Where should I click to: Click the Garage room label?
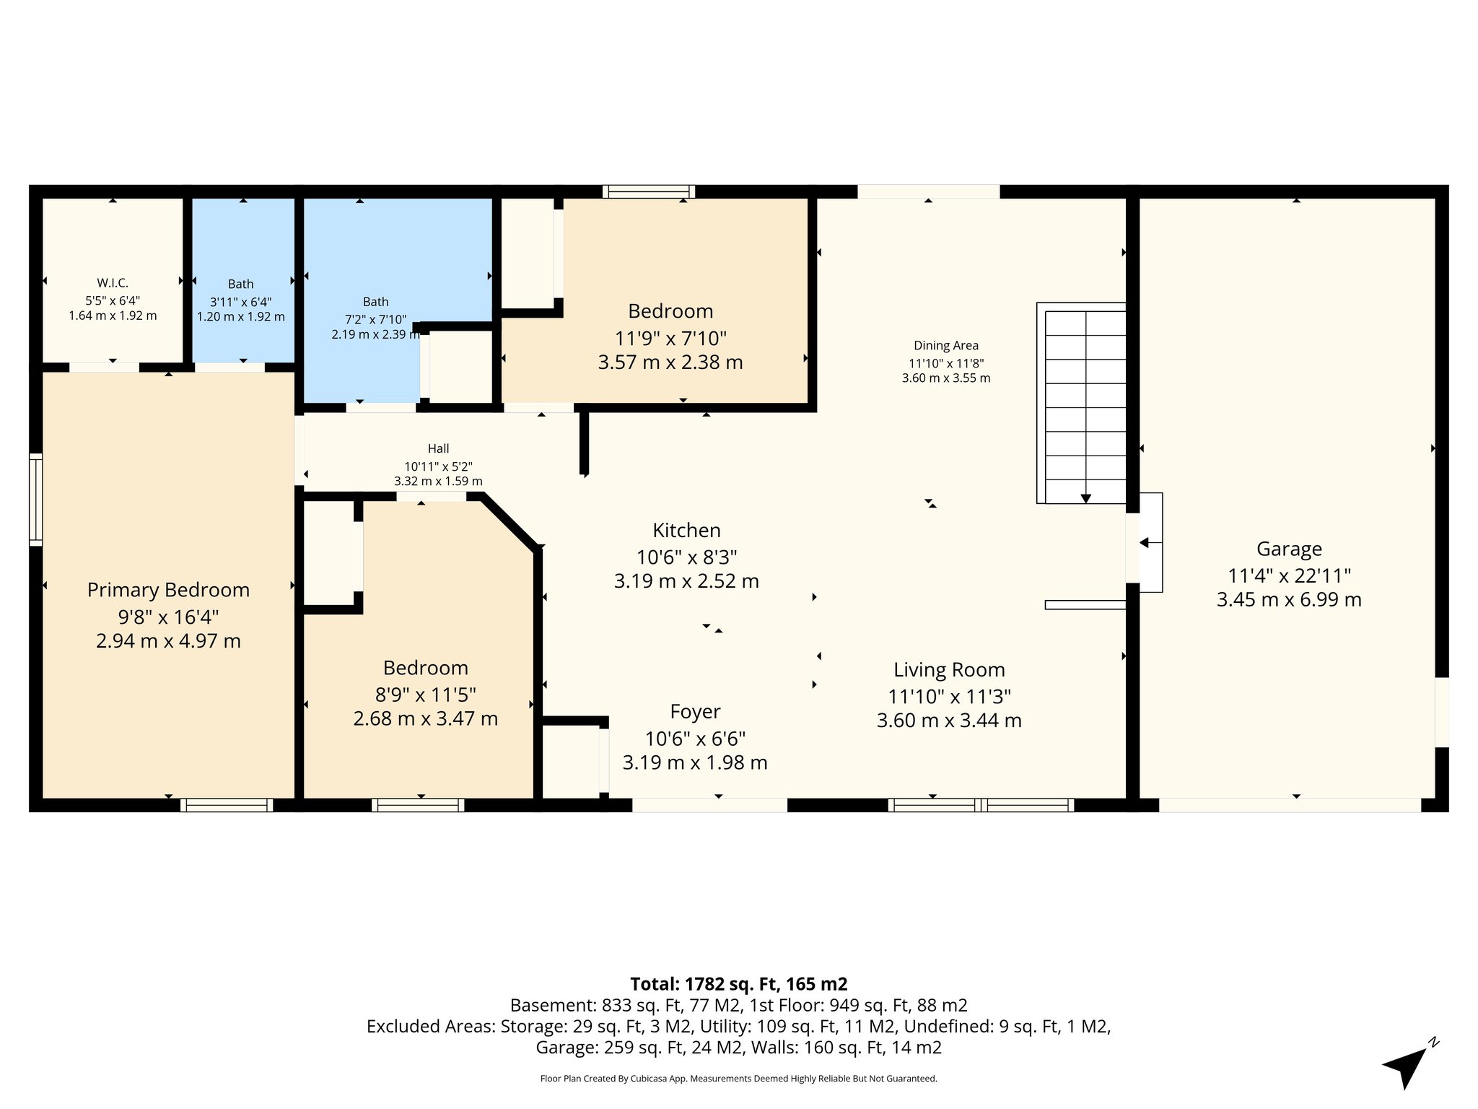pyautogui.click(x=1289, y=549)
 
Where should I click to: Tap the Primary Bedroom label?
pyautogui.click(x=168, y=590)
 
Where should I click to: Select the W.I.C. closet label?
pyautogui.click(x=113, y=284)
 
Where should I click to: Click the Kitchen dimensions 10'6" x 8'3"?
pyautogui.click(x=686, y=557)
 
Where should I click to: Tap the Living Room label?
pyautogui.click(x=949, y=670)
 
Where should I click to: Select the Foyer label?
pyautogui.click(x=695, y=712)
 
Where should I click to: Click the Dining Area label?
pyautogui.click(x=945, y=346)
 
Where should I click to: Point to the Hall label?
pyautogui.click(x=438, y=448)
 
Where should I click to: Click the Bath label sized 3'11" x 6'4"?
pyautogui.click(x=240, y=284)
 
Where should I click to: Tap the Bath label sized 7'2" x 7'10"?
pyautogui.click(x=375, y=302)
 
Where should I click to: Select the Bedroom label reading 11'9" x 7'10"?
pyautogui.click(x=670, y=311)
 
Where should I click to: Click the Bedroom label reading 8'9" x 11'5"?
pyautogui.click(x=425, y=668)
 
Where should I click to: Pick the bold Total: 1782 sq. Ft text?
pyautogui.click(x=738, y=984)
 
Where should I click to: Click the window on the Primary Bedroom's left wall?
pyautogui.click(x=35, y=499)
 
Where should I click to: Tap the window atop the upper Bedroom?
pyautogui.click(x=648, y=191)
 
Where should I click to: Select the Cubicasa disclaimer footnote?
pyautogui.click(x=738, y=1079)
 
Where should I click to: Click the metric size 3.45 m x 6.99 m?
pyautogui.click(x=1289, y=600)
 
